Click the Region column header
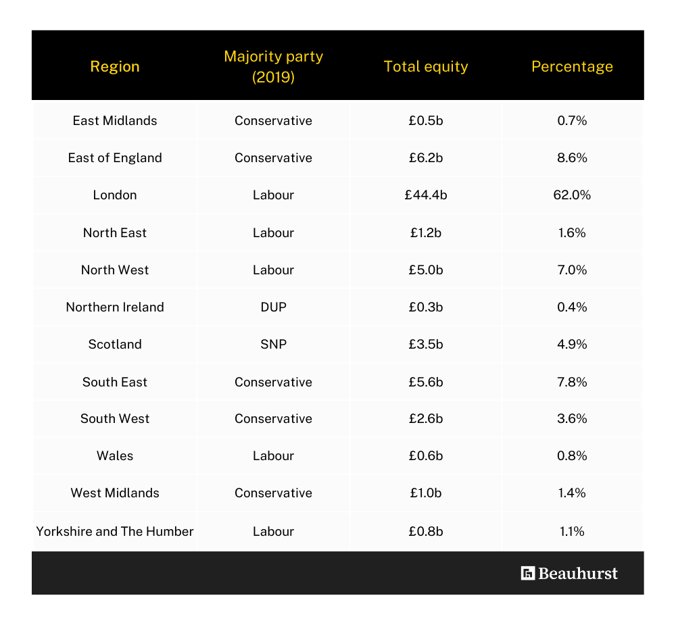115,66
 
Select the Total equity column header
425,66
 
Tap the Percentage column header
572,66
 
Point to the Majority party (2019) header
273,66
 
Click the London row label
115,195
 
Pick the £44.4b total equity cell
425,195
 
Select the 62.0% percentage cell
572,195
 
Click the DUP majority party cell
273,307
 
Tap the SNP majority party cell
273,344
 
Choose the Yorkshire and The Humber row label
115,531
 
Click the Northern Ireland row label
115,307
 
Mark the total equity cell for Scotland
425,344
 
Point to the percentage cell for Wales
572,455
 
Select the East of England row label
115,157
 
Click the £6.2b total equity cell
425,157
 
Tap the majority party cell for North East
273,232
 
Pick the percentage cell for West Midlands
572,493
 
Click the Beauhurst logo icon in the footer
528,573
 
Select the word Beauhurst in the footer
578,573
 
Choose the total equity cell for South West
425,418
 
